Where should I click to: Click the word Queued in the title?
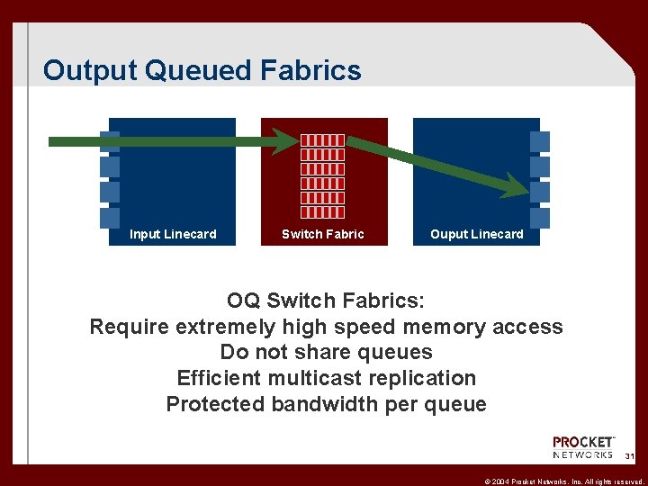coord(200,71)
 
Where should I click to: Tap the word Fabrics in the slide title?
coord(314,70)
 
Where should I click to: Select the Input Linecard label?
coord(173,234)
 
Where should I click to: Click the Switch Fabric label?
coord(323,234)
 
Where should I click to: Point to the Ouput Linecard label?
coord(476,234)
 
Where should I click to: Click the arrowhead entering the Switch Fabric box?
coord(286,140)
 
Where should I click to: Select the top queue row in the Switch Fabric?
coord(322,140)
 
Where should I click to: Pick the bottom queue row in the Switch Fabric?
coord(322,212)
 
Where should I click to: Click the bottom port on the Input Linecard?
coord(109,218)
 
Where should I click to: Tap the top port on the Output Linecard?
coord(540,141)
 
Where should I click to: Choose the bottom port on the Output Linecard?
coord(540,218)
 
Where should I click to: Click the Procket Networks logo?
coord(583,448)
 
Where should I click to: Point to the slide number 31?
coord(629,457)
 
